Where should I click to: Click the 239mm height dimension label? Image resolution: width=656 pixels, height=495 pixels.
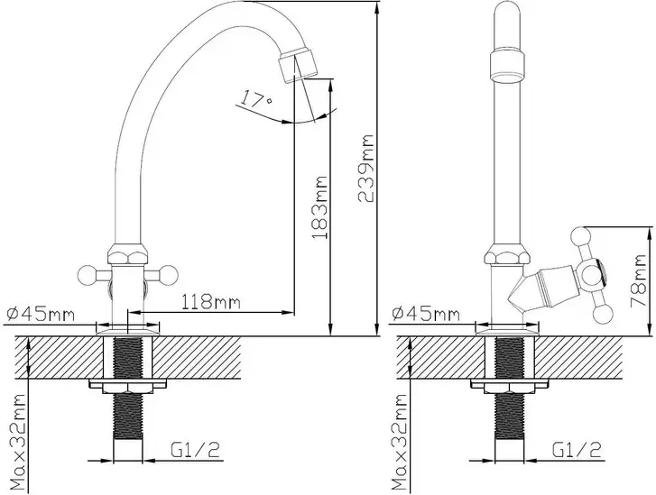(x=365, y=168)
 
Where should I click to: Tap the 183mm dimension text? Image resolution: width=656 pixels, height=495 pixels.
(x=319, y=207)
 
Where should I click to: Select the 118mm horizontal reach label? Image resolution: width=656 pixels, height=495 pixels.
(x=211, y=301)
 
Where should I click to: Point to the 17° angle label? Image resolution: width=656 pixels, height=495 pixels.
(x=256, y=98)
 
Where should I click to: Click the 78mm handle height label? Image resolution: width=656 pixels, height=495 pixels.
(x=638, y=280)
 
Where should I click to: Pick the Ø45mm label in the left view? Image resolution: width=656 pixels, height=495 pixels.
(x=41, y=314)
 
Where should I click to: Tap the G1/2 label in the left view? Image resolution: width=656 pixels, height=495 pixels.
(x=195, y=449)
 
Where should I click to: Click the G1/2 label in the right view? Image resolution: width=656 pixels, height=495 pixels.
(x=577, y=449)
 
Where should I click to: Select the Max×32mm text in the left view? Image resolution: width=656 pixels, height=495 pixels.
(x=18, y=442)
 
